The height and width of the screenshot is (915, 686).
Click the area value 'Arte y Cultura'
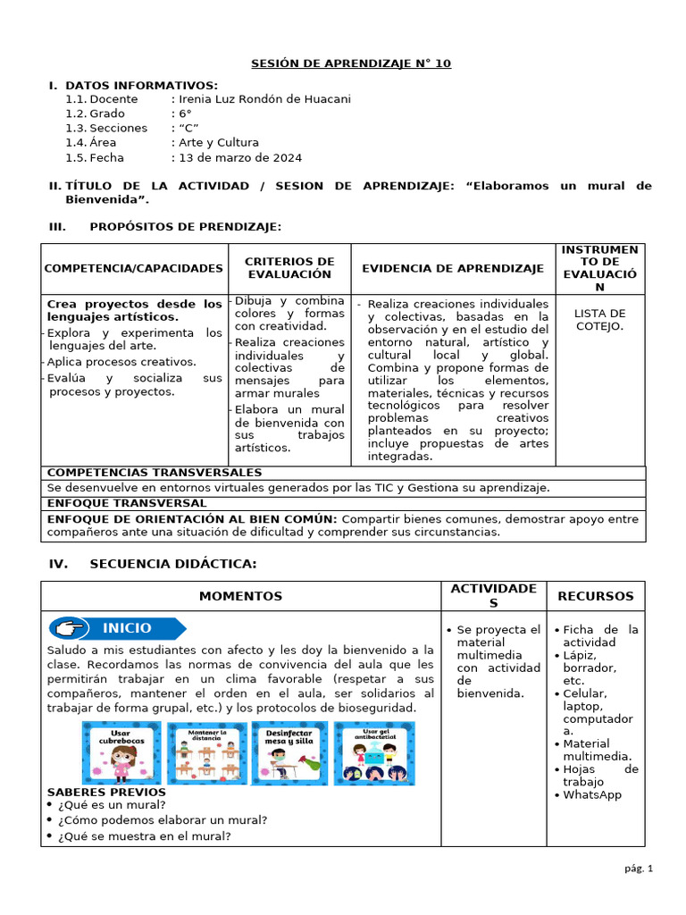218,143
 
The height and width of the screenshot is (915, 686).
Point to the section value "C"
188,129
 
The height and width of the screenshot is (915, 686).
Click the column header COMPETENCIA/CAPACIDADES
134,268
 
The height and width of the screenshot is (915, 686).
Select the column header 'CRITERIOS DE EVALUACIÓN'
289,268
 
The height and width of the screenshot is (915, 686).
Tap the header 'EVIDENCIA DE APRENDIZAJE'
453,268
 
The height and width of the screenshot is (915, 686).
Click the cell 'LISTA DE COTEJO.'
599,319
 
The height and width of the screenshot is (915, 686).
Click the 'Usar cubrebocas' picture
121,753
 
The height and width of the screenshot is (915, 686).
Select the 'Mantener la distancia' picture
206,753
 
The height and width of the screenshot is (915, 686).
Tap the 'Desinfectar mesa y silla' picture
289,753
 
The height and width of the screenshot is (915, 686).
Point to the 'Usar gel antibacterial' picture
373,753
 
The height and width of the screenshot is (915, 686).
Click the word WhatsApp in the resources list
592,795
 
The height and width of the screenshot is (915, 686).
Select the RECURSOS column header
596,596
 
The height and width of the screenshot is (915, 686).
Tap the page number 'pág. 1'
639,868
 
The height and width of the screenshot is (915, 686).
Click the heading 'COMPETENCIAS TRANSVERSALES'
155,473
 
